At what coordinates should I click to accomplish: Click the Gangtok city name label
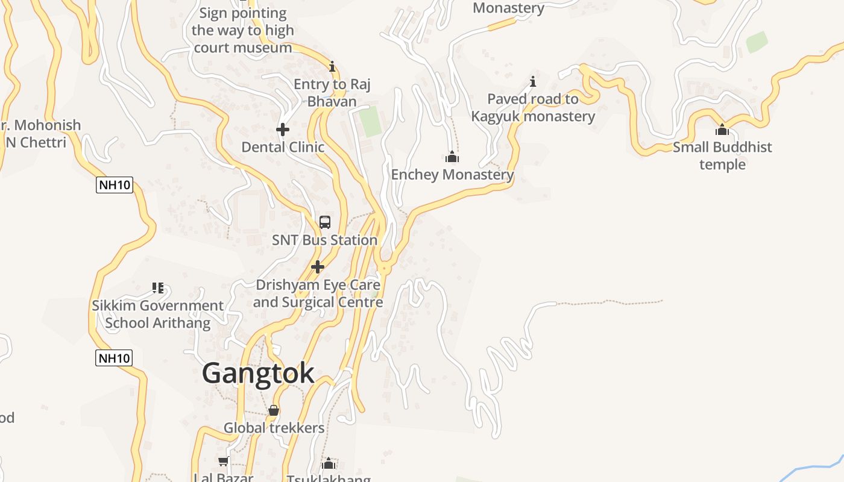click(x=258, y=373)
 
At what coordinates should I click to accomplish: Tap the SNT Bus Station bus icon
click(x=325, y=222)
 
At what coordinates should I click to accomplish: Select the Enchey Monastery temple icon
click(x=452, y=157)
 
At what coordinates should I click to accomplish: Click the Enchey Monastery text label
click(x=452, y=175)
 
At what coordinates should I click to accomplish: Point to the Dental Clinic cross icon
click(x=282, y=130)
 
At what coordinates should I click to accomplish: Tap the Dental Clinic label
click(x=283, y=147)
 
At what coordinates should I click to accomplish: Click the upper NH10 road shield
click(x=114, y=184)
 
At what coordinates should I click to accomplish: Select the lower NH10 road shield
click(x=114, y=358)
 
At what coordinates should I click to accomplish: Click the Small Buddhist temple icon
click(x=722, y=130)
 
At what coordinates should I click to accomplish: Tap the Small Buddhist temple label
click(x=722, y=155)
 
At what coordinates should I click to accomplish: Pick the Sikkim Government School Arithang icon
click(x=158, y=288)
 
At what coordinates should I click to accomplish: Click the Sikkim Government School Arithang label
click(x=158, y=314)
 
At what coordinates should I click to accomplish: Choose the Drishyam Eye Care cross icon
click(x=318, y=267)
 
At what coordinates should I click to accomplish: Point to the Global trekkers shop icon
click(x=274, y=410)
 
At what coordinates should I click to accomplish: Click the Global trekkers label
click(x=274, y=428)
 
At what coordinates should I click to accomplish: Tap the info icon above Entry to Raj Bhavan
click(x=332, y=66)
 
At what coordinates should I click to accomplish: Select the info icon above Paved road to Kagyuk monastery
click(x=533, y=81)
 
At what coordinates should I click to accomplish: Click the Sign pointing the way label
click(x=242, y=30)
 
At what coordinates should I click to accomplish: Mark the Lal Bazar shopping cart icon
click(x=223, y=462)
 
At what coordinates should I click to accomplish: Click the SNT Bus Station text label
click(x=324, y=240)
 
